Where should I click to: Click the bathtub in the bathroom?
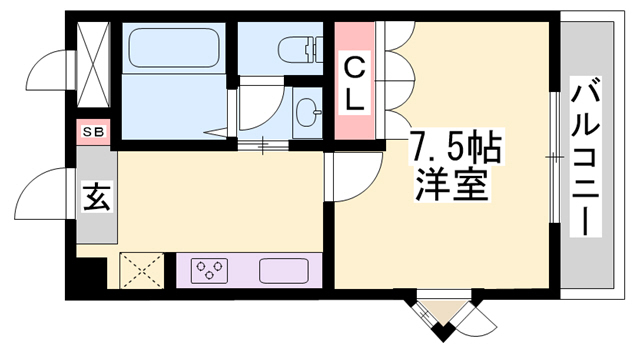tap(173, 48)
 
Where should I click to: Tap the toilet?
tap(300, 49)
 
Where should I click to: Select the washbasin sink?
tap(307, 112)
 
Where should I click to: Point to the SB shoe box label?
tap(93, 132)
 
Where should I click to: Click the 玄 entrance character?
tap(97, 197)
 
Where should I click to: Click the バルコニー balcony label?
tap(585, 161)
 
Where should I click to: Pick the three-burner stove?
tap(209, 270)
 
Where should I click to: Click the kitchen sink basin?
tap(284, 270)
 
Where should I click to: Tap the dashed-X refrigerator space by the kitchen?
tap(142, 270)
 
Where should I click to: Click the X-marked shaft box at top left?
tap(93, 64)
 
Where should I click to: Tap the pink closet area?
tap(354, 80)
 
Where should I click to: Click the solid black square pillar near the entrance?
tap(91, 272)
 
